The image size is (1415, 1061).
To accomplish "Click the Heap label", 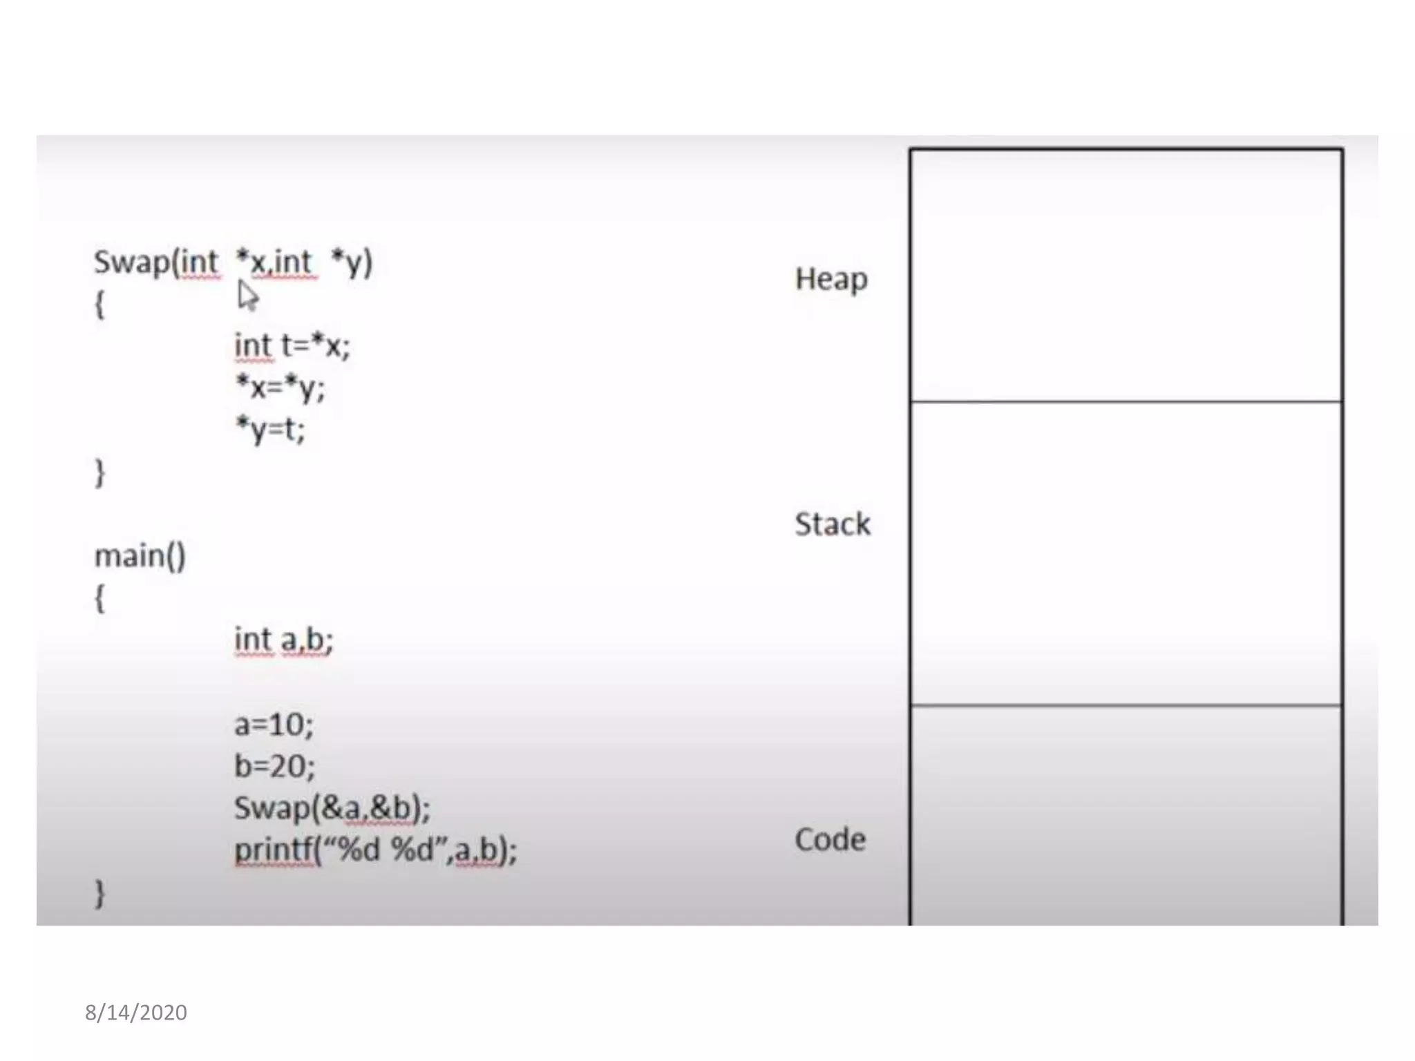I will click(x=831, y=280).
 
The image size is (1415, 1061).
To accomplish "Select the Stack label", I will click(x=832, y=524).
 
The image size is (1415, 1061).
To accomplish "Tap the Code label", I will click(x=830, y=840).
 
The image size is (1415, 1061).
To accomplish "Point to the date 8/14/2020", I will click(x=136, y=1013).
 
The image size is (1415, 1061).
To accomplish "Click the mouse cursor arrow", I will click(x=247, y=296).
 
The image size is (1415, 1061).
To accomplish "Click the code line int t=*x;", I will click(x=292, y=345).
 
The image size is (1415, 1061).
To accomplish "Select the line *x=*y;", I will click(x=280, y=388).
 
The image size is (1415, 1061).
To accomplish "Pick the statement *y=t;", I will click(x=270, y=430).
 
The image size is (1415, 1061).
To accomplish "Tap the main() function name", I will click(x=140, y=556).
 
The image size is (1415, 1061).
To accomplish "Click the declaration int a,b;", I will click(x=283, y=640).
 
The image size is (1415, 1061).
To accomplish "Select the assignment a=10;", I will click(x=274, y=725).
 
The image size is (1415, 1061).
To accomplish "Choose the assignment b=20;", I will click(x=274, y=766).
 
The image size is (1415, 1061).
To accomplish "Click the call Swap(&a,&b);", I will click(x=332, y=808).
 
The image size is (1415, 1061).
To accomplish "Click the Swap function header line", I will click(x=233, y=262).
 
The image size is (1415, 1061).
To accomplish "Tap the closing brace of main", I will click(x=99, y=893).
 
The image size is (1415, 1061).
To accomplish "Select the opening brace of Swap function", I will click(x=99, y=305).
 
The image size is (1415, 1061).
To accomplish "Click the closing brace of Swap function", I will click(x=99, y=473).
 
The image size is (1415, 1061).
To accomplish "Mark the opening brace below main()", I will click(x=99, y=598).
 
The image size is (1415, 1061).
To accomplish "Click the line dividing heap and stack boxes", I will click(x=1126, y=401).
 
